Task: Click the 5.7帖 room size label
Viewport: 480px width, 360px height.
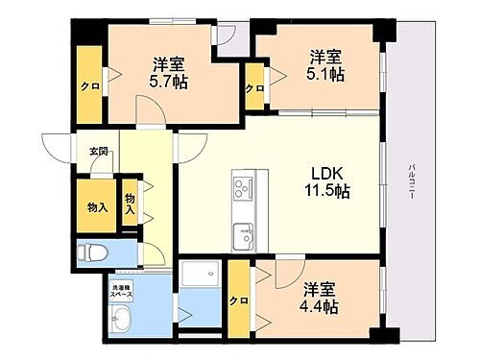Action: click(169, 83)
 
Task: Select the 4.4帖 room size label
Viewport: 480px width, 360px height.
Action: click(318, 306)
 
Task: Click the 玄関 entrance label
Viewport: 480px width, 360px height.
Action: click(98, 152)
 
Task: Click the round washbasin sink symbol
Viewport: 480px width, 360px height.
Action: click(120, 320)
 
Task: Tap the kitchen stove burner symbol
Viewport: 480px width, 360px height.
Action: click(242, 185)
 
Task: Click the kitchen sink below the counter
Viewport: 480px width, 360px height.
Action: click(242, 231)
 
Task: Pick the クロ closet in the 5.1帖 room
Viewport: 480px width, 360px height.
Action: click(254, 89)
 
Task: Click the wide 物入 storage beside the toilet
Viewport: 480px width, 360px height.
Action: click(96, 206)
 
